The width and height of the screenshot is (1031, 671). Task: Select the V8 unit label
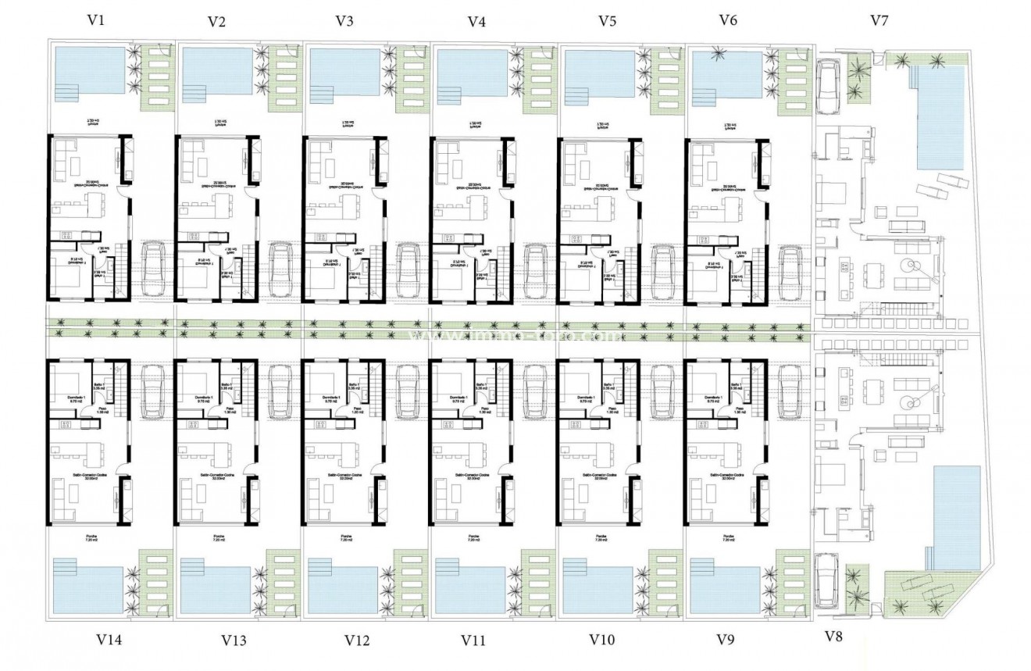(833, 637)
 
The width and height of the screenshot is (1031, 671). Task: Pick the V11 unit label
(473, 641)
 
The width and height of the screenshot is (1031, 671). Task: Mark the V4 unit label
(476, 21)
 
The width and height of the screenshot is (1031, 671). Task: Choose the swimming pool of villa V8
(957, 516)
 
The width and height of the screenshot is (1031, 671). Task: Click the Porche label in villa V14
(91, 537)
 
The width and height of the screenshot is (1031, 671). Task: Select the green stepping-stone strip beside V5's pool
(662, 78)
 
